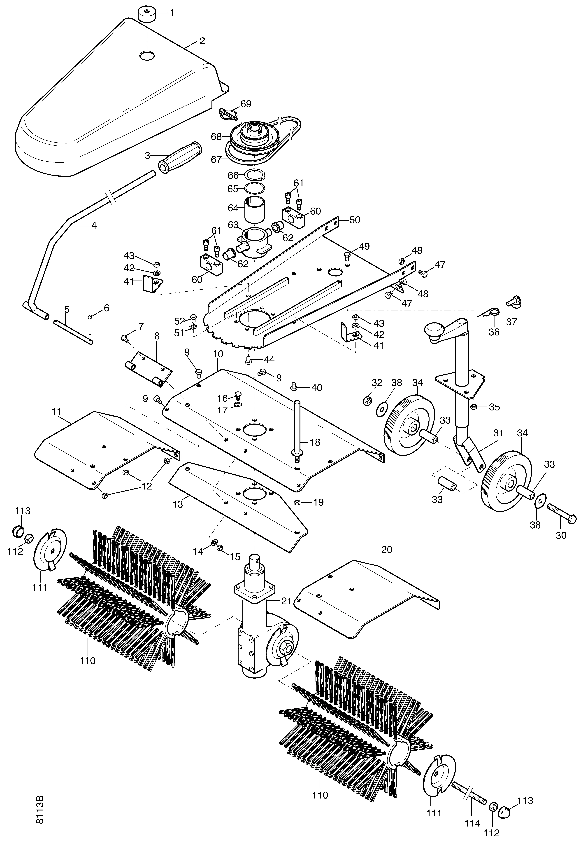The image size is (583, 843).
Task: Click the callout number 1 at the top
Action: (x=171, y=14)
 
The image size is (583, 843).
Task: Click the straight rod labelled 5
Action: (x=73, y=332)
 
